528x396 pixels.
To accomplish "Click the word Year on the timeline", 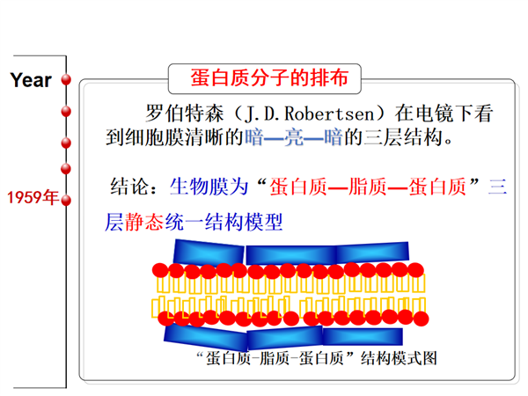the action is (31, 80).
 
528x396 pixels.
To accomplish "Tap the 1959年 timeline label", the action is (33, 197).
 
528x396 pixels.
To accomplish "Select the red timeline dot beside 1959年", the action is (66, 201).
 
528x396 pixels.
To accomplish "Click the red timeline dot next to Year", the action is (66, 80).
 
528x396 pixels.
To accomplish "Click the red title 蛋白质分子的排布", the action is (269, 77).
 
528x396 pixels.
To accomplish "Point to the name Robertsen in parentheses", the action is (330, 114).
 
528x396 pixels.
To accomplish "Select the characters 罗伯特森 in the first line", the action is (185, 114).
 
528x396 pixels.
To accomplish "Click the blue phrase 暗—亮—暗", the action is (294, 138).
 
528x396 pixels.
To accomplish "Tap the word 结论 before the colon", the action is (129, 187).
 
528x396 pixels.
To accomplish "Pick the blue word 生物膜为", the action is (209, 187).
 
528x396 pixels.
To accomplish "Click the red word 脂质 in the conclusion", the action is (367, 187).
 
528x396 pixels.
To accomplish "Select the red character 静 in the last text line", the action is (135, 223).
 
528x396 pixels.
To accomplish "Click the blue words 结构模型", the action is (244, 223).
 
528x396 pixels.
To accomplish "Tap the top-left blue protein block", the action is (209, 252).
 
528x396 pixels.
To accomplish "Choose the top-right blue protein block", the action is (373, 252).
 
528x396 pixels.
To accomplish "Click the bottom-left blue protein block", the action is (207, 337).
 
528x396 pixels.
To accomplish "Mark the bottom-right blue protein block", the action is (363, 336).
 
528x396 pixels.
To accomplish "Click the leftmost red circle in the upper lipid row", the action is (160, 270).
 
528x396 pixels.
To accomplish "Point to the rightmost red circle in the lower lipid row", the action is (421, 319).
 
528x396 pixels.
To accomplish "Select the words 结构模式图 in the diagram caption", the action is (399, 358).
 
